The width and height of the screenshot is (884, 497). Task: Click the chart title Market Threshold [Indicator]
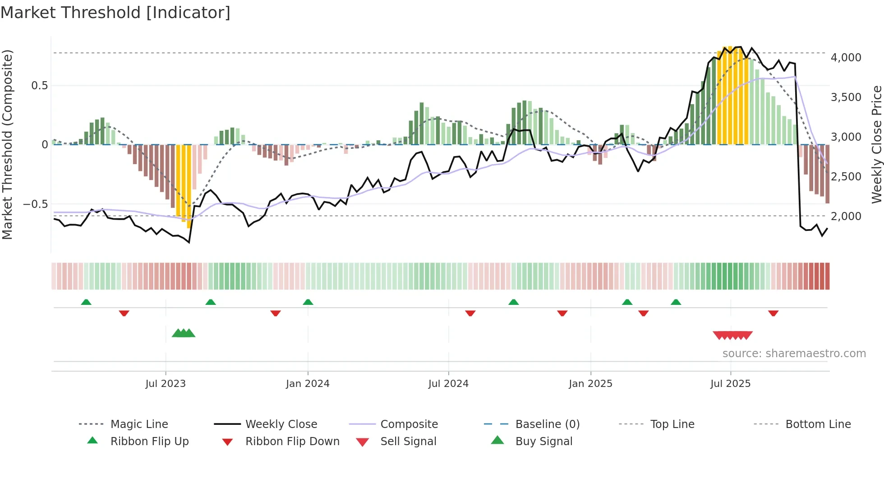(x=115, y=13)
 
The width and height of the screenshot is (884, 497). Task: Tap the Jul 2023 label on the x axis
(x=166, y=384)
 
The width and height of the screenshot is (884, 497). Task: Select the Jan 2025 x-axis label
(x=590, y=384)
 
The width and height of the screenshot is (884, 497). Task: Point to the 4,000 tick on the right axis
(x=846, y=58)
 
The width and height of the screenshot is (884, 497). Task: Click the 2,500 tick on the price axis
(x=846, y=177)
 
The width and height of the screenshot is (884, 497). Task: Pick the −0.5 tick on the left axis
(x=35, y=204)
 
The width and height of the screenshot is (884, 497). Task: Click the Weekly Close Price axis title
(x=876, y=144)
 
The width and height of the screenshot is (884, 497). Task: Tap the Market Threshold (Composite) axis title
(x=7, y=144)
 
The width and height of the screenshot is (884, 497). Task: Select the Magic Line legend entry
(x=139, y=424)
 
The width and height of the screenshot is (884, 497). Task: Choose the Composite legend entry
(x=409, y=424)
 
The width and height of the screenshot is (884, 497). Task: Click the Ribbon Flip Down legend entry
(x=292, y=442)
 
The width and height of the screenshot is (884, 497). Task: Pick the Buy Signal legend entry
(x=543, y=442)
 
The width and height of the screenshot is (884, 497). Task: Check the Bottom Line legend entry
(x=818, y=424)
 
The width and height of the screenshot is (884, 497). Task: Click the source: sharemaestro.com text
(x=794, y=354)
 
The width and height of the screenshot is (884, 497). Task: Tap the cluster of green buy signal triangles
(x=184, y=333)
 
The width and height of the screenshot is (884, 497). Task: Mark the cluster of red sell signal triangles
(x=732, y=335)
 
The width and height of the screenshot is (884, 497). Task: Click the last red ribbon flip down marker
(x=773, y=313)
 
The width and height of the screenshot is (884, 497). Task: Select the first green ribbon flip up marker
(x=86, y=302)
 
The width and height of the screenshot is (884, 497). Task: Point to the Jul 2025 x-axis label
(x=730, y=384)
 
